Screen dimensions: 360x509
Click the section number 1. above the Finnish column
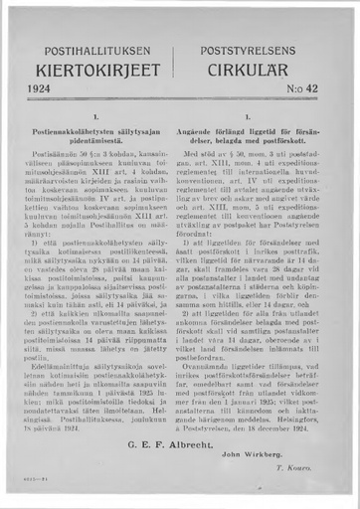point(96,117)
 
